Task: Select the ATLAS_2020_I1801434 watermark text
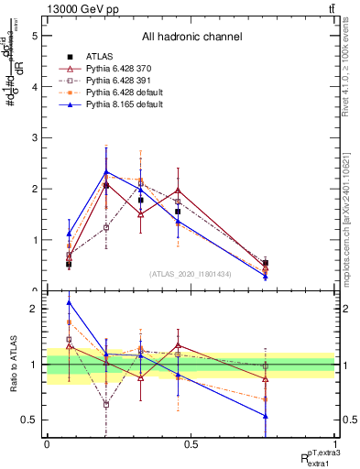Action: pos(191,274)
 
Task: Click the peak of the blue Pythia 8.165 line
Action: pos(106,171)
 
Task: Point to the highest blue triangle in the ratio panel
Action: pos(69,302)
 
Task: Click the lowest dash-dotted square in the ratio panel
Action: pos(106,404)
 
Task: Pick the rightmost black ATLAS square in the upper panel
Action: pos(266,263)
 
